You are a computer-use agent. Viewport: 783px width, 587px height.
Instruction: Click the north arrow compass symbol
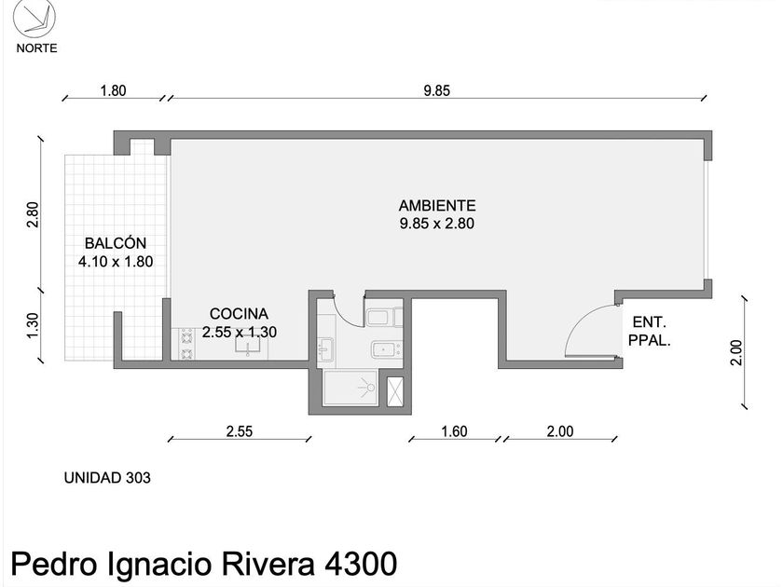(x=34, y=19)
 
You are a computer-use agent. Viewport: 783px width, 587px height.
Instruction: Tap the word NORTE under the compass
(x=37, y=48)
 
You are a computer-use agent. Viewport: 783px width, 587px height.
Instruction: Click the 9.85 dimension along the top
(x=437, y=91)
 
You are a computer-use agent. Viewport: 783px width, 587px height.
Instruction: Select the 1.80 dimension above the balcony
(x=114, y=91)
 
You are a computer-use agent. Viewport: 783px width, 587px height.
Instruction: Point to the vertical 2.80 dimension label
(x=33, y=214)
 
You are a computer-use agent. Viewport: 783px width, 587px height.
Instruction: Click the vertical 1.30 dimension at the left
(x=33, y=325)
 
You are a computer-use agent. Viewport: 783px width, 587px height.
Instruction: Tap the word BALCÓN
(x=116, y=243)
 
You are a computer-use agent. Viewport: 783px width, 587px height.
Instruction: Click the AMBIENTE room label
(x=437, y=206)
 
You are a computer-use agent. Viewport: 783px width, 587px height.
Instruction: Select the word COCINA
(x=239, y=314)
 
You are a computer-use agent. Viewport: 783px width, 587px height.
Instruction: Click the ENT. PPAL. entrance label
(x=649, y=332)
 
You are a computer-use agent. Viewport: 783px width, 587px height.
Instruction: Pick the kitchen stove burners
(x=186, y=344)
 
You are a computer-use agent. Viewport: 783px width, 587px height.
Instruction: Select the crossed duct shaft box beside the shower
(x=395, y=391)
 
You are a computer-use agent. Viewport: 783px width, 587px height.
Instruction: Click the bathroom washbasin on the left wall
(x=325, y=348)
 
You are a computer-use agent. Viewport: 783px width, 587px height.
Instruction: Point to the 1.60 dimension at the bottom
(x=455, y=431)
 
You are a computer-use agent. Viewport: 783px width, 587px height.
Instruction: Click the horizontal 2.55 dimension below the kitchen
(x=240, y=431)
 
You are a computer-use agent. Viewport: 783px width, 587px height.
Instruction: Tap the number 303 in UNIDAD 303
(x=138, y=478)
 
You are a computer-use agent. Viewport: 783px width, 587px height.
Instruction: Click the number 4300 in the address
(x=361, y=565)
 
